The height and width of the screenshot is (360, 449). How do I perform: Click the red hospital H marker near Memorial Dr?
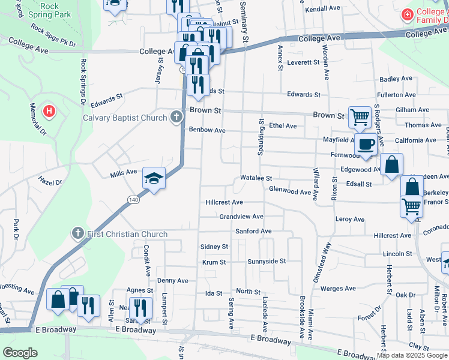[50, 111]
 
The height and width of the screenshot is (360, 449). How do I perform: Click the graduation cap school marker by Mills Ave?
[154, 178]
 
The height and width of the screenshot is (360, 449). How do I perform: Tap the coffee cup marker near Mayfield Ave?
[366, 143]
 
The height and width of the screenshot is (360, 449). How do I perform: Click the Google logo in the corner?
[20, 352]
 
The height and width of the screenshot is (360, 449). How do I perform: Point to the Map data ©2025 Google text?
[412, 355]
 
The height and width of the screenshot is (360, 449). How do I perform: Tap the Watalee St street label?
[256, 179]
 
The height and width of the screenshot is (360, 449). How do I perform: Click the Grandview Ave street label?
[241, 217]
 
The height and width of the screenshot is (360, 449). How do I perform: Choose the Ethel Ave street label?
[283, 126]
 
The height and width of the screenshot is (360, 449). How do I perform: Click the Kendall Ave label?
[322, 9]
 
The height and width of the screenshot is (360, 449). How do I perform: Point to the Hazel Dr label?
[50, 180]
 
